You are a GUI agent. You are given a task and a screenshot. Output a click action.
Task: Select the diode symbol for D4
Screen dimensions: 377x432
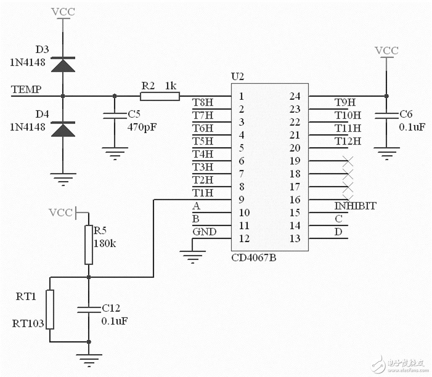coord(63,128)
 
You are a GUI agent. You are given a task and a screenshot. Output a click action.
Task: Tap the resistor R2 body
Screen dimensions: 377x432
coord(160,97)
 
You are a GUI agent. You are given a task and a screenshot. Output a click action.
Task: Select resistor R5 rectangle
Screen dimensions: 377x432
coord(88,245)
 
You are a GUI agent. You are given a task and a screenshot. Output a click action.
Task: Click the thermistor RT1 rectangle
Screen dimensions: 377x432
coord(50,309)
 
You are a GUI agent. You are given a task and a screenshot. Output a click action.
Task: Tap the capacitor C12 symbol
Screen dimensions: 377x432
coord(88,309)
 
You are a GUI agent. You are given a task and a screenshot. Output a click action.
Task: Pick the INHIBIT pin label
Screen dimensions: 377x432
coord(355,206)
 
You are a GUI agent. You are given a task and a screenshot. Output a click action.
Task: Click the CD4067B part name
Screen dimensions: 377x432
coord(254,258)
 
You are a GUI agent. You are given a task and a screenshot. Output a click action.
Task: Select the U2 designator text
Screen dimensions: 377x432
coord(237,77)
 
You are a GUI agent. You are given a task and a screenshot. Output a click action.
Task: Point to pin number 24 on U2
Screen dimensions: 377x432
coord(295,97)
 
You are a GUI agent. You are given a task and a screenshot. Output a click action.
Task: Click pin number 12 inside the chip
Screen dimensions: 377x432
coord(244,239)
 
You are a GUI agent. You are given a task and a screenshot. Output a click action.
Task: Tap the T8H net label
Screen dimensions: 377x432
coord(202,102)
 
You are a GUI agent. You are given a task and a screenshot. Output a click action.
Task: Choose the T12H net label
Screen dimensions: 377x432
coord(347,141)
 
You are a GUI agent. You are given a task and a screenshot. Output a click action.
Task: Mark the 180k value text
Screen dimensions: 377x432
coord(105,243)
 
